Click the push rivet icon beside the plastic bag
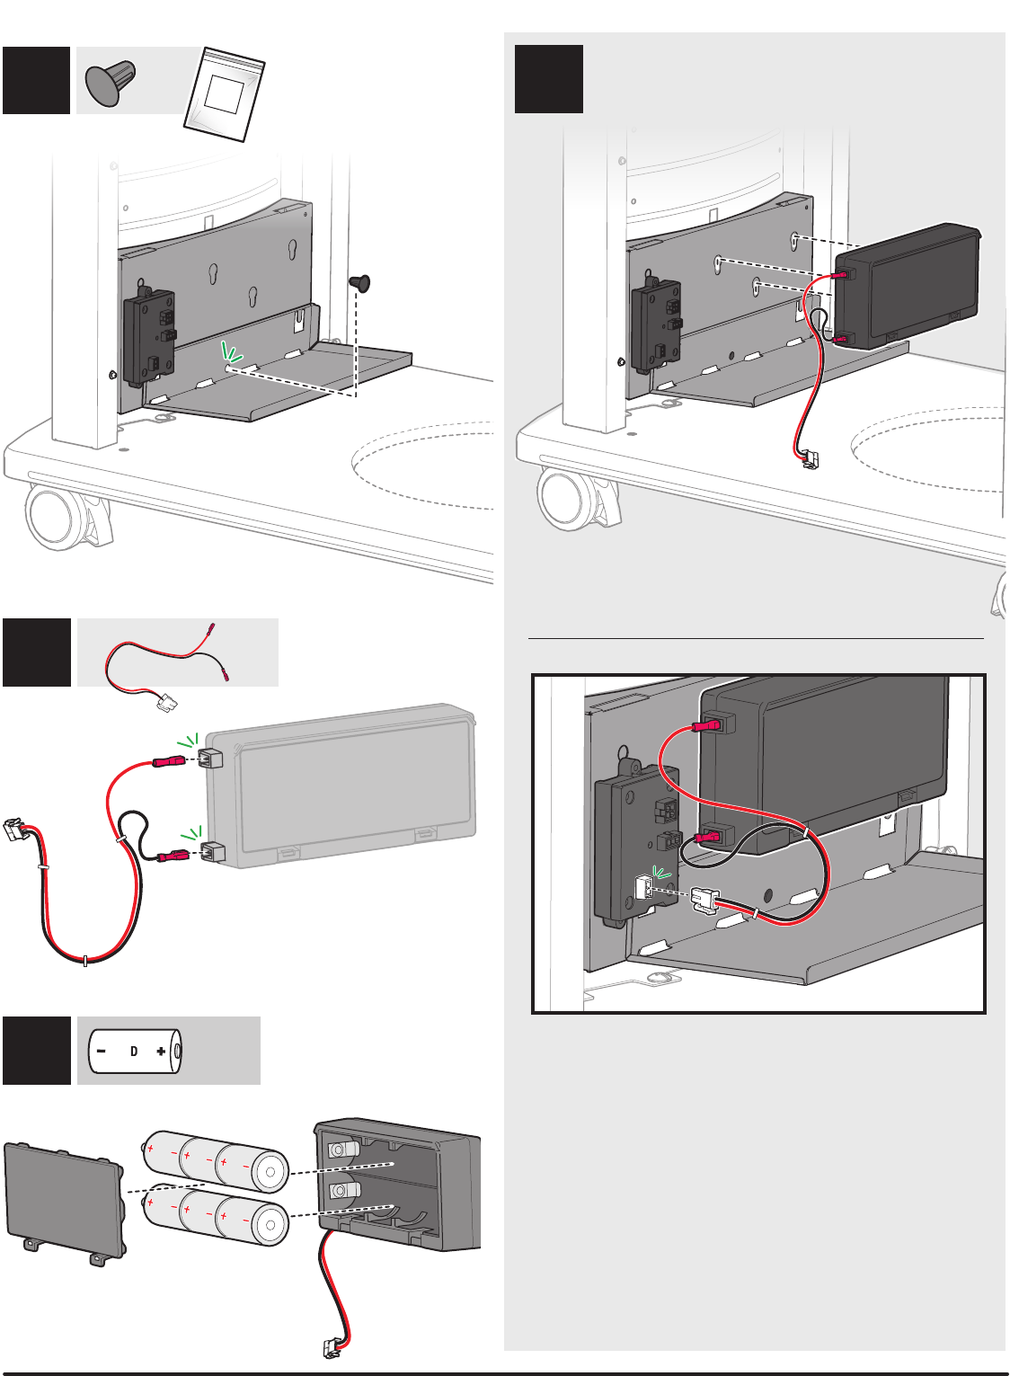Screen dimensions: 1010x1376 [111, 82]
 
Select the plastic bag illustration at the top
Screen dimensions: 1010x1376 [225, 94]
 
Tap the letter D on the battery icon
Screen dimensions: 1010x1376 [134, 1051]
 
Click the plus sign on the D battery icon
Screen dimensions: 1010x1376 [161, 1051]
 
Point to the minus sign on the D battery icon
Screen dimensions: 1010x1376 [102, 1051]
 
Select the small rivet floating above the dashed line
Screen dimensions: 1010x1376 [359, 283]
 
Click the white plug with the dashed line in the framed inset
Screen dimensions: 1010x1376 [704, 901]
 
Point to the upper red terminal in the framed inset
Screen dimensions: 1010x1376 [707, 726]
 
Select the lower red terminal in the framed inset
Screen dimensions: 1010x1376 [708, 838]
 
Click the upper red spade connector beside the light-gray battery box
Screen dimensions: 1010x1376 [169, 762]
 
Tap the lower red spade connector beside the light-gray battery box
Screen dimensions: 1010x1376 [173, 856]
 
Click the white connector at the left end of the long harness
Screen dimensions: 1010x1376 [14, 830]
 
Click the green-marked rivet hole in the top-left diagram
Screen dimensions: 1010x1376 [227, 368]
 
